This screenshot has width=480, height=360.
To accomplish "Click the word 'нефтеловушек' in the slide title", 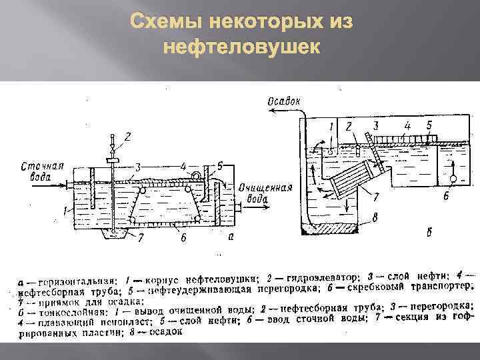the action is pos(240,48).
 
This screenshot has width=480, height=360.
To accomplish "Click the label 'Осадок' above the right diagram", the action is pos(284,101).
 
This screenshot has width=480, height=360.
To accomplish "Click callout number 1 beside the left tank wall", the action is pos(64,210).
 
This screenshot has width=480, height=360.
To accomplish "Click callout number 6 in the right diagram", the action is pos(445,196).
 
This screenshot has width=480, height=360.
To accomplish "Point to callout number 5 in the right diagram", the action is pos(429,125).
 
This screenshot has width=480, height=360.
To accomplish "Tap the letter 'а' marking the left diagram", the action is pos(229,237).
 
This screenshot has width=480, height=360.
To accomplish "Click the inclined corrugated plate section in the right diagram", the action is pos(354,181).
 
